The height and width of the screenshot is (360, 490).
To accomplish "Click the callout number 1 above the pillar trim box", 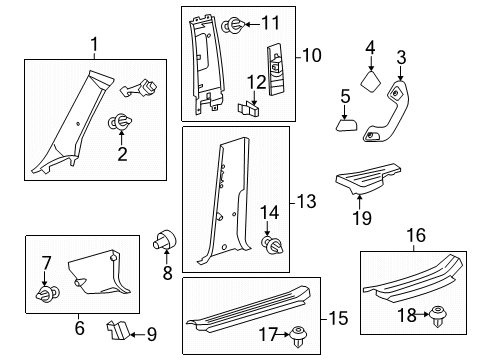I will point(95,43).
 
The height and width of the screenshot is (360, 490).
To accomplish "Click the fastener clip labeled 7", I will point(45,294).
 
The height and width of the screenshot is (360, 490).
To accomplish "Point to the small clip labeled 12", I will point(250,105).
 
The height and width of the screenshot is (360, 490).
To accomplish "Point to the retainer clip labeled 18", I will point(437,317).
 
